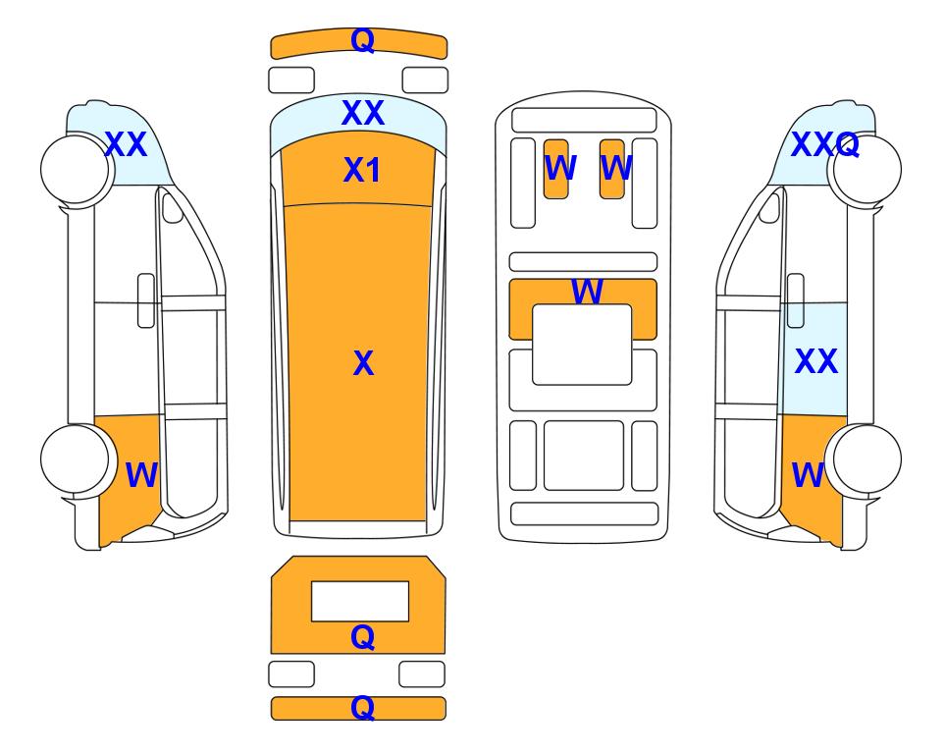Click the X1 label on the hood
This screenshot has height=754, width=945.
click(361, 170)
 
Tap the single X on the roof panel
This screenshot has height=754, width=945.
click(363, 363)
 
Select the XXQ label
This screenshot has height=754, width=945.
click(824, 144)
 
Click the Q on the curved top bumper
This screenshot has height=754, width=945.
click(363, 40)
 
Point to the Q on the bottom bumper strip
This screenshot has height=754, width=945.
click(362, 707)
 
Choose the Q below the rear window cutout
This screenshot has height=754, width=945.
click(362, 637)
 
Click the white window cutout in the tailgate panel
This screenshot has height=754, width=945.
click(360, 602)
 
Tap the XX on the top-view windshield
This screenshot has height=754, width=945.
click(363, 113)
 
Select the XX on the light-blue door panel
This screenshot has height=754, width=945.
click(816, 361)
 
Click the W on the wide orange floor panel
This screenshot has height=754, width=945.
click(587, 292)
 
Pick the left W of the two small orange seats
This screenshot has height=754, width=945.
click(560, 168)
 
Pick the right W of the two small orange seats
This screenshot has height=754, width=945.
click(616, 168)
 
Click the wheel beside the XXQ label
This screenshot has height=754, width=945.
click(865, 170)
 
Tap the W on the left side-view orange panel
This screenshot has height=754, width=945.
click(141, 475)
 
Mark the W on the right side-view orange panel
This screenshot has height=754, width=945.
click(808, 475)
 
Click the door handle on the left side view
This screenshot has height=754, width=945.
click(146, 300)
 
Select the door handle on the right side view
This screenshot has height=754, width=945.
click(796, 300)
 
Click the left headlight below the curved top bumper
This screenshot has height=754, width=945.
click(291, 81)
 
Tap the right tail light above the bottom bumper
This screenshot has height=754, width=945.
click(422, 673)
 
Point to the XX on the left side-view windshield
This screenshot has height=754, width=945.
click(126, 144)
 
